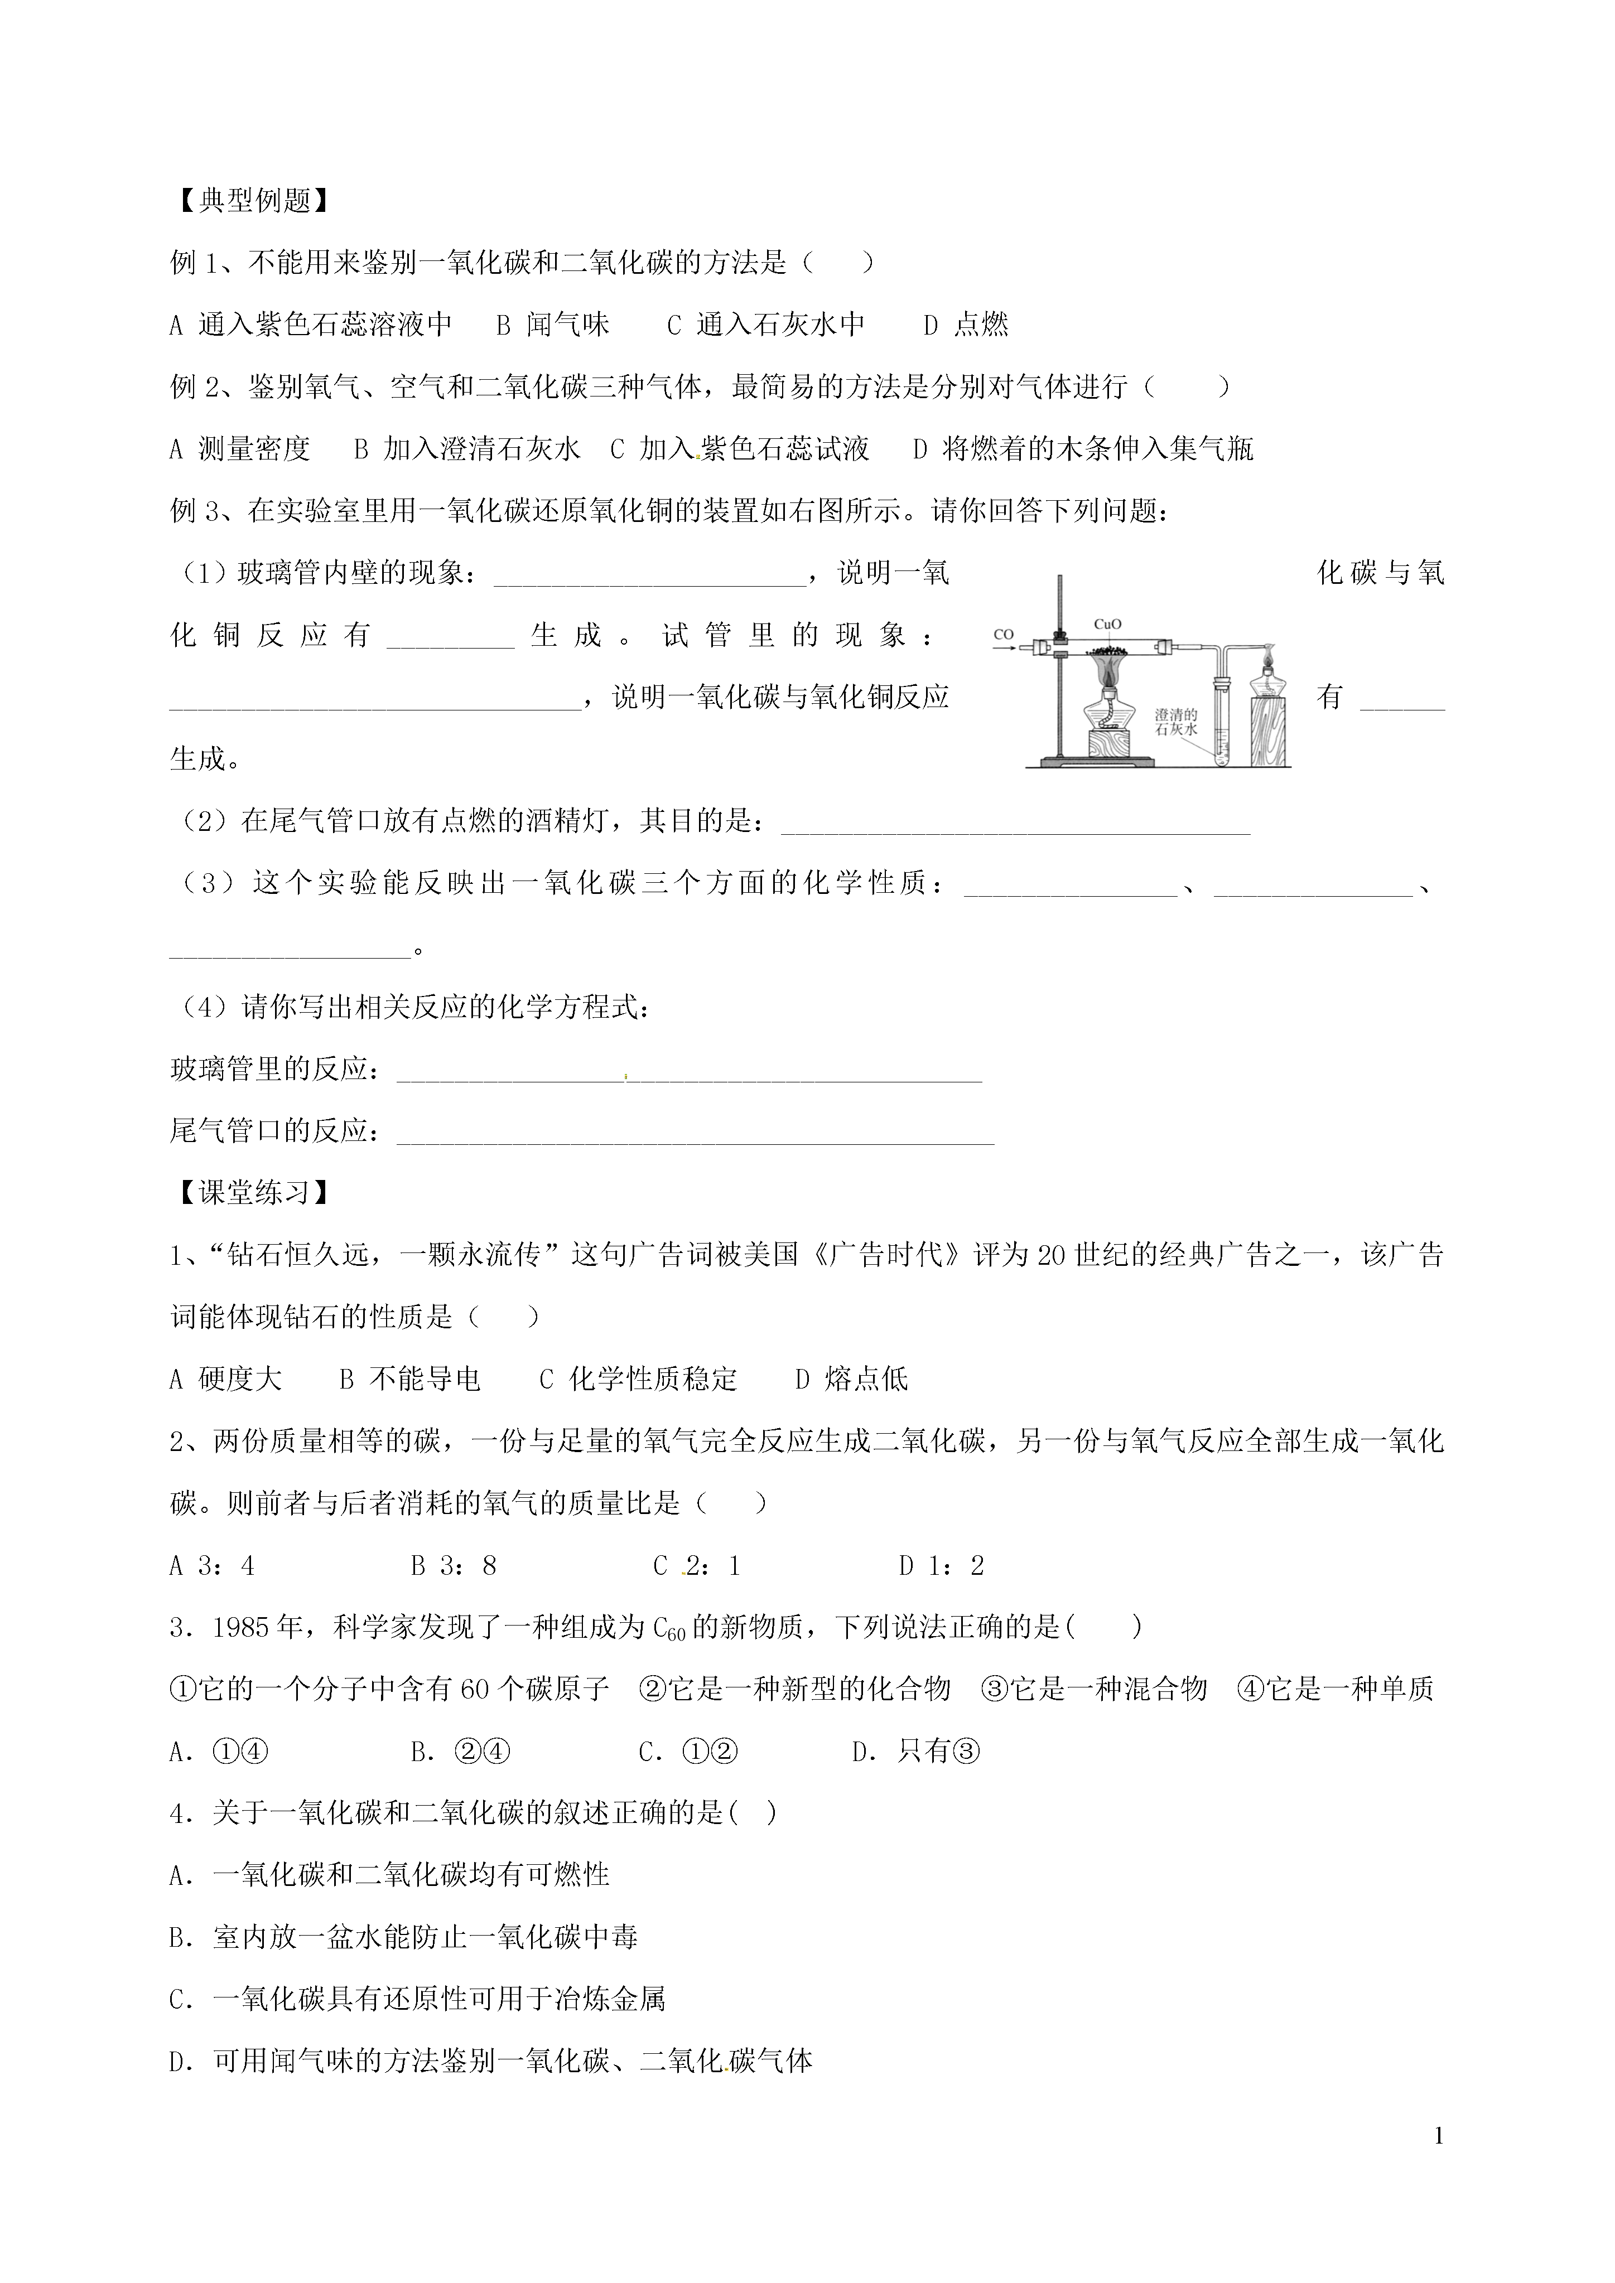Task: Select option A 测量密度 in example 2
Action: [240, 449]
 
